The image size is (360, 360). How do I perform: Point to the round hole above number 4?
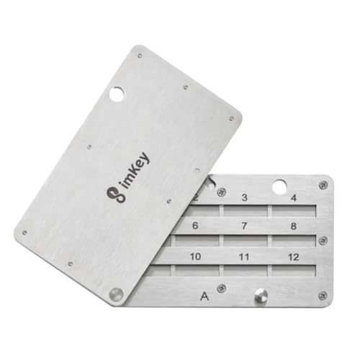click(280, 186)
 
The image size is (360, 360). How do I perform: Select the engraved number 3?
click(245, 197)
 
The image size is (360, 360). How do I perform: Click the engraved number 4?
click(293, 197)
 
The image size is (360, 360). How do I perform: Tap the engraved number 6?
click(195, 225)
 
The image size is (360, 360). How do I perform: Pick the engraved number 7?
click(245, 226)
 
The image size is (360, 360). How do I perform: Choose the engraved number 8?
click(293, 226)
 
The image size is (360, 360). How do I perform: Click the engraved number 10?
click(194, 256)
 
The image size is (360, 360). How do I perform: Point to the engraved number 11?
click(245, 256)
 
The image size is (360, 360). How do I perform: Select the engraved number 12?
click(293, 256)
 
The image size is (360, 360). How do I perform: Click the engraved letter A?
click(204, 294)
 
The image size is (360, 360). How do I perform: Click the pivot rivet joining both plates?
click(115, 293)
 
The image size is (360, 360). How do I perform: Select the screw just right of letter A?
click(222, 289)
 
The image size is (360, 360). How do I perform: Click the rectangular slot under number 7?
click(245, 240)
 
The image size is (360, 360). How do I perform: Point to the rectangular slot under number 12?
click(293, 270)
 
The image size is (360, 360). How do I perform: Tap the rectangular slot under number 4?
click(293, 210)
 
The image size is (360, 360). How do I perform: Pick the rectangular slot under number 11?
click(245, 270)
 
